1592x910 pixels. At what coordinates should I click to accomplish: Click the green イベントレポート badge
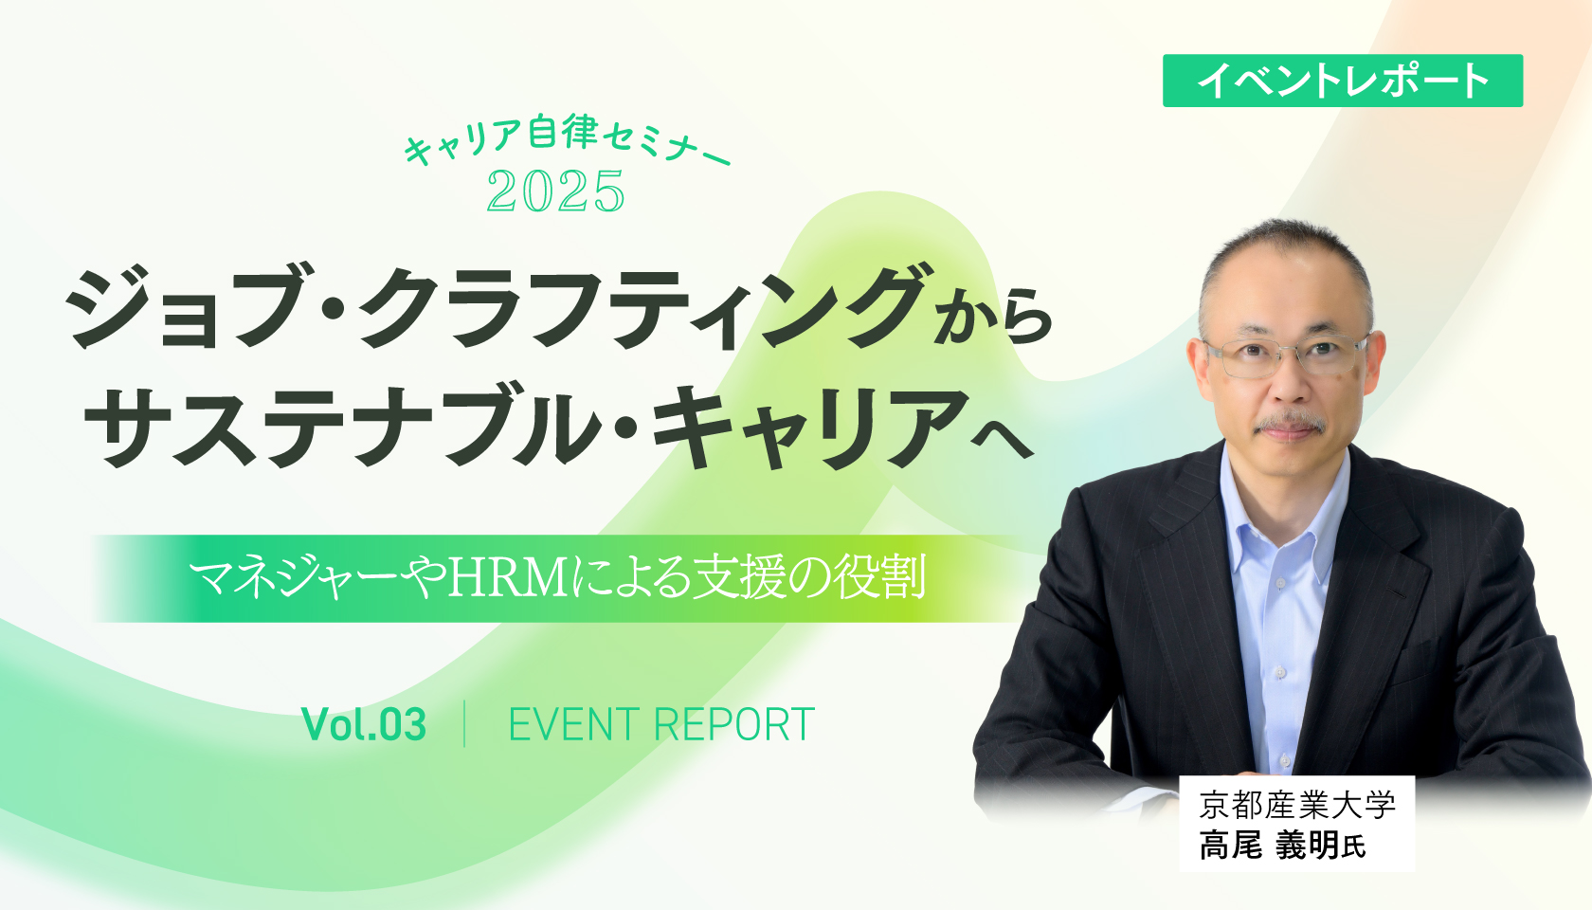pos(1342,81)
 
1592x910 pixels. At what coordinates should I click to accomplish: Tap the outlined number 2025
pos(555,191)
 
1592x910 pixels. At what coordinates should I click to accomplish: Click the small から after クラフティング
pos(993,319)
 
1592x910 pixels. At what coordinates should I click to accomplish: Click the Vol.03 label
pos(364,725)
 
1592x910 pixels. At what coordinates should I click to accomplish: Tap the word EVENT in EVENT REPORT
pos(572,725)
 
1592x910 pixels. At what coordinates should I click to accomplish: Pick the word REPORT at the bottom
pos(734,725)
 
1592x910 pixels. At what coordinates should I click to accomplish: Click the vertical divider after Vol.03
pos(464,725)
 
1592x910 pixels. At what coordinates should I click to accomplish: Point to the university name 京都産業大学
pos(1296,805)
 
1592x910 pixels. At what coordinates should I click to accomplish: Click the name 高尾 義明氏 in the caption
pos(1282,845)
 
